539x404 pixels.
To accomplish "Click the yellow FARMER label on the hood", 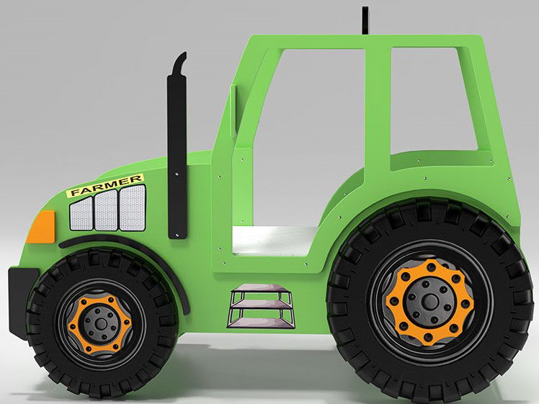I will coord(105,186).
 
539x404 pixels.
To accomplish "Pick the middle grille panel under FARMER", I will coord(107,208).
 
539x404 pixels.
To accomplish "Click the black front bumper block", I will coord(17,302).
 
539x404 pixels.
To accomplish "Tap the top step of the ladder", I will coord(261,292).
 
